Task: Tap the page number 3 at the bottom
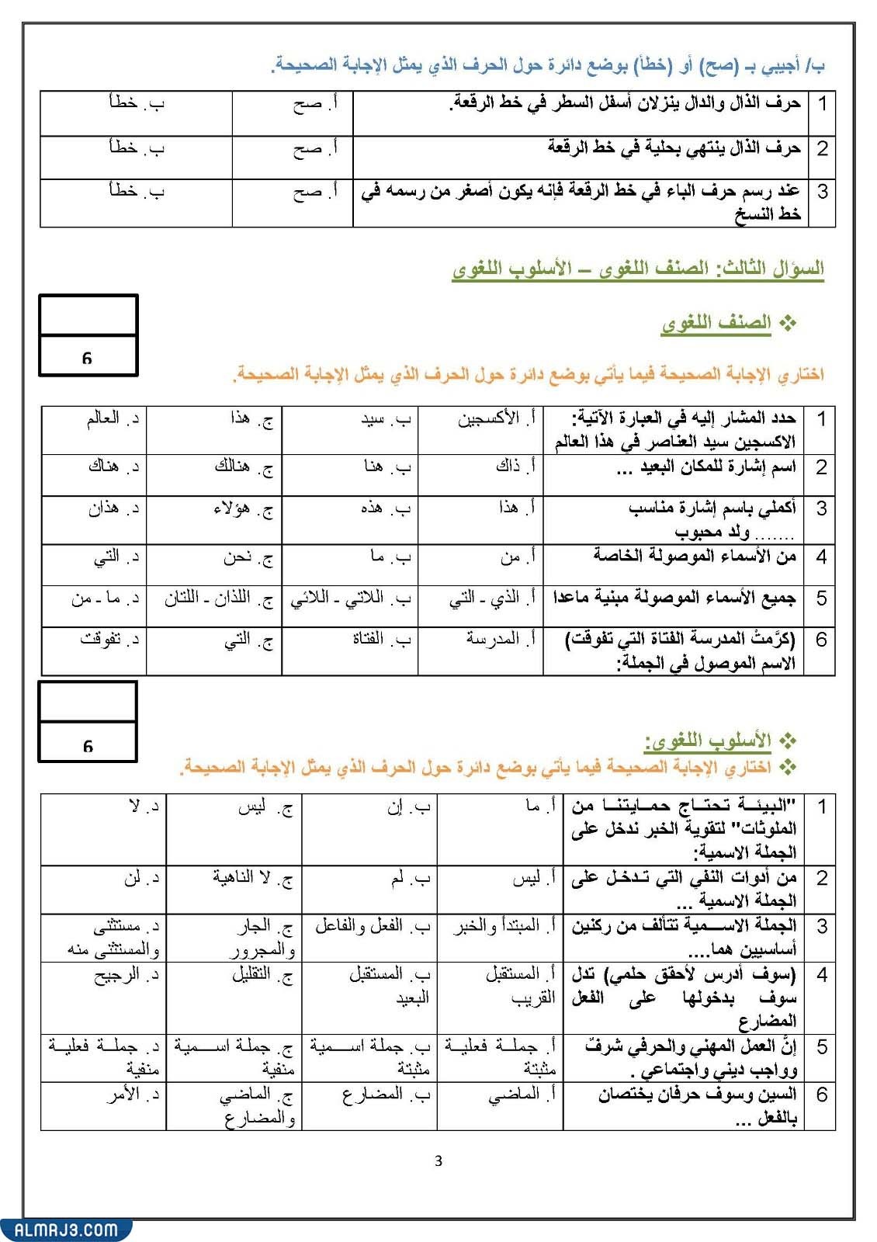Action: [x=439, y=1161]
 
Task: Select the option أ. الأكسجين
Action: [x=496, y=419]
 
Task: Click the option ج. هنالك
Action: [x=243, y=467]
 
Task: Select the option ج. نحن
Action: [x=248, y=557]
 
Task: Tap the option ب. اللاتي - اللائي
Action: [x=350, y=599]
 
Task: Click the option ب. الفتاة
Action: [x=381, y=640]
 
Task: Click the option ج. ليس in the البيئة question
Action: [x=265, y=807]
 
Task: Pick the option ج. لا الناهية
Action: [x=253, y=878]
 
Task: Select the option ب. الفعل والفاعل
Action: [x=372, y=926]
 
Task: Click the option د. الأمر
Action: [x=133, y=1095]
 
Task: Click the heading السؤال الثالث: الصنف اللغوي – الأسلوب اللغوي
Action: [x=637, y=269]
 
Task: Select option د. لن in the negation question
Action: [x=142, y=878]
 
